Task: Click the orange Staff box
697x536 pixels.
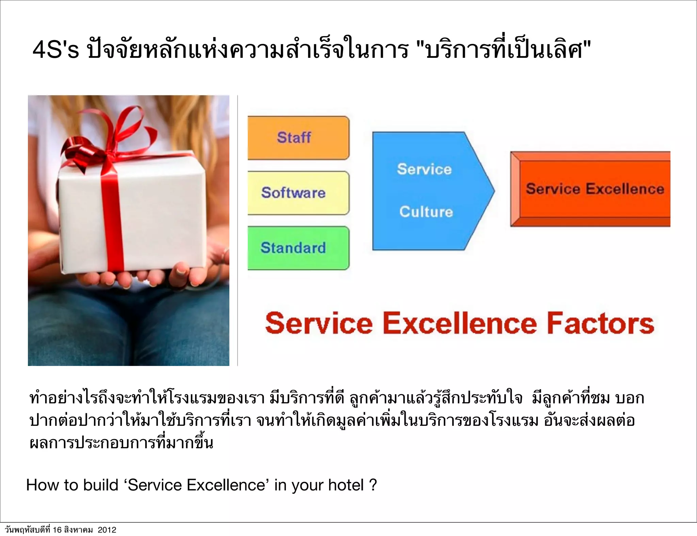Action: pos(298,138)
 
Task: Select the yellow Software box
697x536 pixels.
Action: pos(298,193)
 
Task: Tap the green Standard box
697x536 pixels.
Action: pos(298,248)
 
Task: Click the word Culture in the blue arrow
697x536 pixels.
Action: pos(426,212)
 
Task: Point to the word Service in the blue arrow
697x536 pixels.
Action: pos(424,169)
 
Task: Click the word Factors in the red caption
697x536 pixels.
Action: pos(600,323)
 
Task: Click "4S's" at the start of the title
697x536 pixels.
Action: pos(55,50)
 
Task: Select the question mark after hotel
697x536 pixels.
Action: pos(373,485)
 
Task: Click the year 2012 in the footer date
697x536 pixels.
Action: pos(107,530)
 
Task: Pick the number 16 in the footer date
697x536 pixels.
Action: pos(58,530)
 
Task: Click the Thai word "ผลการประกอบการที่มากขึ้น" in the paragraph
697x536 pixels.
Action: pos(121,443)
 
